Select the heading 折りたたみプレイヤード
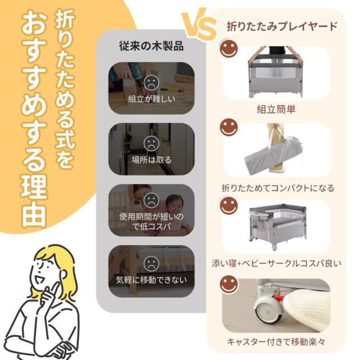(x=282, y=26)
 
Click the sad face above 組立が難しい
(x=151, y=83)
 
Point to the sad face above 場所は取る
(x=151, y=142)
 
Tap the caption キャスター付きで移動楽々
(x=276, y=341)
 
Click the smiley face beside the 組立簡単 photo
(x=228, y=48)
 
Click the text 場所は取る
(x=151, y=160)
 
